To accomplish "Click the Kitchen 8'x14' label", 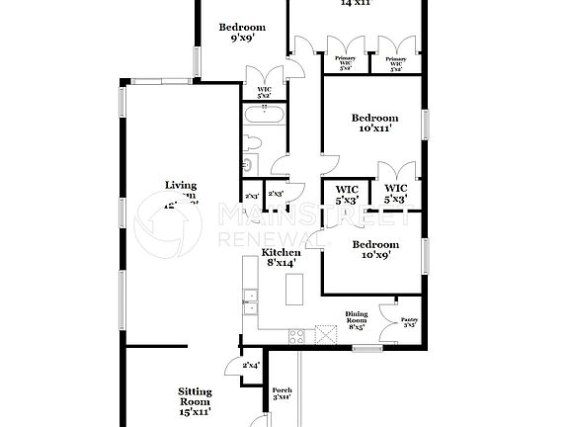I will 281,257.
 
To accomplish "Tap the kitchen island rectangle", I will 293,291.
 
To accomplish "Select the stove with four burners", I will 295,336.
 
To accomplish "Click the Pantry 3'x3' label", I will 409,322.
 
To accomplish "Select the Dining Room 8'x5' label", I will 357,319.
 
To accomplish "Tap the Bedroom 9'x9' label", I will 242,32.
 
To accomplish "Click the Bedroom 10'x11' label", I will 374,123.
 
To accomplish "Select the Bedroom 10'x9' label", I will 375,249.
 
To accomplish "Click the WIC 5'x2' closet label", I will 265,92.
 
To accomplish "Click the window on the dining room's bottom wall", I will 367,348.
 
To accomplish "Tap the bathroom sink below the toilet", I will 249,166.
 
